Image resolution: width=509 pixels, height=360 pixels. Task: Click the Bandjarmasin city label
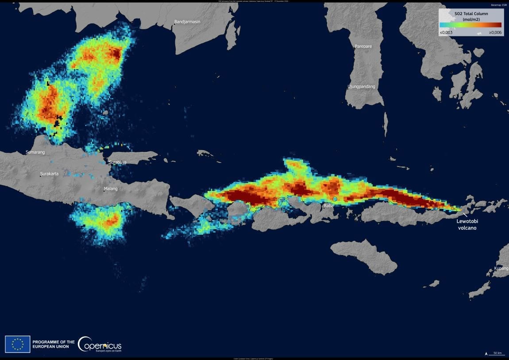click(x=187, y=21)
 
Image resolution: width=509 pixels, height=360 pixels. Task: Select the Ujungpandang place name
click(x=361, y=86)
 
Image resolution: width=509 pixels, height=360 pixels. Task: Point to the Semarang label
click(x=35, y=152)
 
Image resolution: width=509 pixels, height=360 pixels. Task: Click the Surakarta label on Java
click(x=49, y=174)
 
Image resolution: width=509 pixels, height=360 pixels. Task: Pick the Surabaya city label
click(x=118, y=163)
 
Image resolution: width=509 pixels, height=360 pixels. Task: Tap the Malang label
click(x=111, y=189)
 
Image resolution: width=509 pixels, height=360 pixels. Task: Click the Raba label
click(x=328, y=206)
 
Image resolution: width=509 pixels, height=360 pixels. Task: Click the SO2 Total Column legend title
click(x=471, y=16)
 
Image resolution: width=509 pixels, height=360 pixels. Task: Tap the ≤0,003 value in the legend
click(x=446, y=33)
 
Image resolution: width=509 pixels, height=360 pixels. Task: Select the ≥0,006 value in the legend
click(x=495, y=33)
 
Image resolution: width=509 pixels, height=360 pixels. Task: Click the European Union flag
click(x=18, y=344)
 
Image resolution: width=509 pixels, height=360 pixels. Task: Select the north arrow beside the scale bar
click(x=487, y=353)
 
